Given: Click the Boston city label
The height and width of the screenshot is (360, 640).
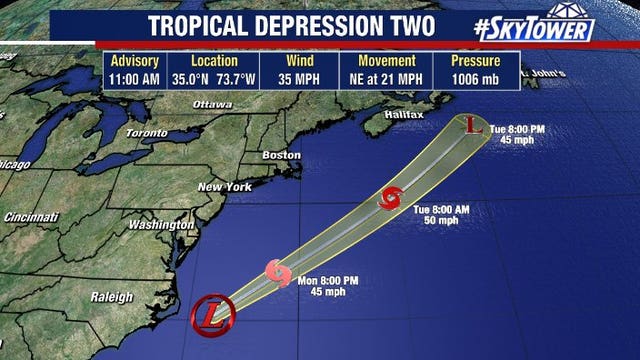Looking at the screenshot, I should click(280, 155).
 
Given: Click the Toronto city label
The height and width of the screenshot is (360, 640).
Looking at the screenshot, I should click(146, 132).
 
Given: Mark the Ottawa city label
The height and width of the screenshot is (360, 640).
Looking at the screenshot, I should click(212, 104).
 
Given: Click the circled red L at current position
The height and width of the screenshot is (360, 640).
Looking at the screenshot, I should click(212, 316).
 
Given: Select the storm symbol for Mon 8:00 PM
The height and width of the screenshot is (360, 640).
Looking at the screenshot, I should click(278, 271).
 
